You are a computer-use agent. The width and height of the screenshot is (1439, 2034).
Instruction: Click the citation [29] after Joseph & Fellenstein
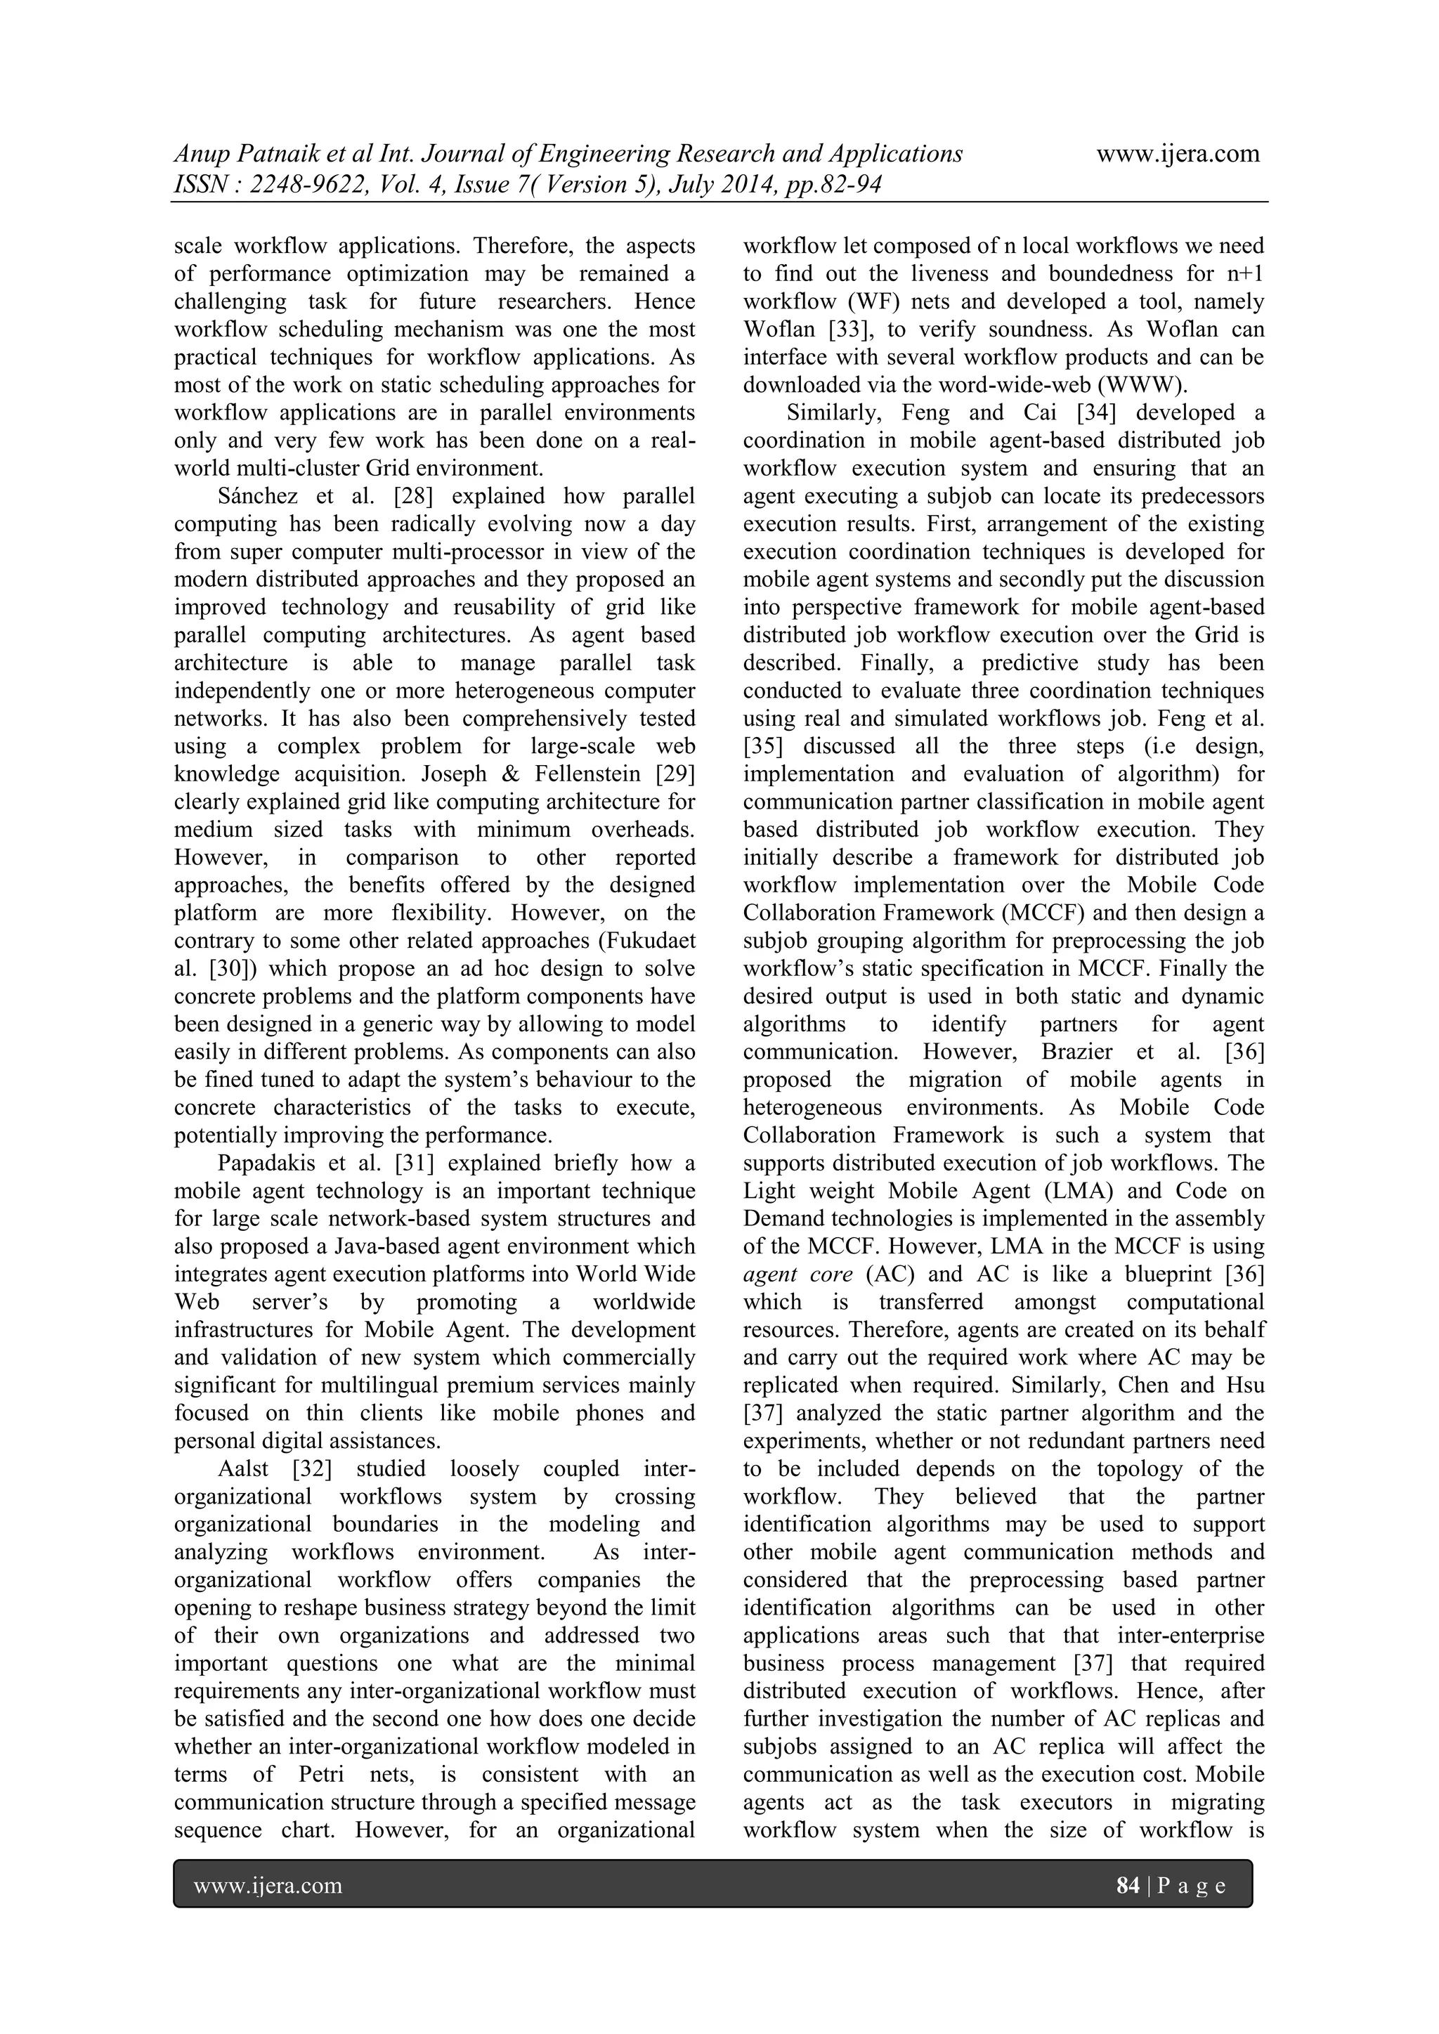(x=675, y=774)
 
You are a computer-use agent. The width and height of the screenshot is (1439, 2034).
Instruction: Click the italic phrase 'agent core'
(x=798, y=1274)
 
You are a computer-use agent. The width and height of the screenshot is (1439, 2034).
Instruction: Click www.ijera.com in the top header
(x=1178, y=154)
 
